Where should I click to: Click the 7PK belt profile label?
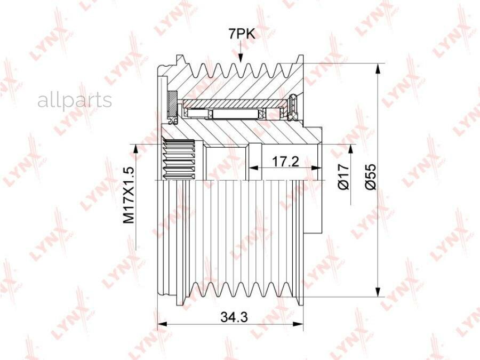pyautogui.click(x=241, y=34)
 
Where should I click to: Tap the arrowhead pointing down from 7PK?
pyautogui.click(x=241, y=58)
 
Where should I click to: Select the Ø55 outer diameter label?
pyautogui.click(x=371, y=177)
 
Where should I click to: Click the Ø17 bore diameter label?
pyautogui.click(x=344, y=177)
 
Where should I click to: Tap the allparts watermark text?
pyautogui.click(x=75, y=100)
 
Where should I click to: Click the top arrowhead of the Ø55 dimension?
pyautogui.click(x=379, y=69)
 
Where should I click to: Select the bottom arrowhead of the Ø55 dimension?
pyautogui.click(x=379, y=292)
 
